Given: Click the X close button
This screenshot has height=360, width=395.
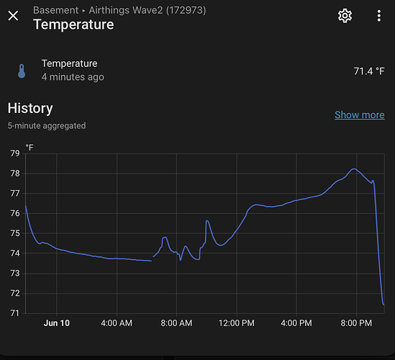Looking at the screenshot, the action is coord(13,16).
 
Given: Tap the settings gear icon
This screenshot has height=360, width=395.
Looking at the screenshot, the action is coord(345,16).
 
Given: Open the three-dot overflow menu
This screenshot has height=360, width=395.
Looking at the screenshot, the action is coord(379,16).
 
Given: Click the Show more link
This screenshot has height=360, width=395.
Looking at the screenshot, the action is coord(360,114).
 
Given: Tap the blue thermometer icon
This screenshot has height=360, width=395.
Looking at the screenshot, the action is coord(22,71).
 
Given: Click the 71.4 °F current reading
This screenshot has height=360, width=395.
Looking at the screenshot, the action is coord(369,71).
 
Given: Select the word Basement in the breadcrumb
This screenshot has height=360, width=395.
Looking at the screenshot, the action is coord(55,10).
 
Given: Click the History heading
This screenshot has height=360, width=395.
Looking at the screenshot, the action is coord(30,109).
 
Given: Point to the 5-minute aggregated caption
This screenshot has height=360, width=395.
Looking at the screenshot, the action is coord(47,125).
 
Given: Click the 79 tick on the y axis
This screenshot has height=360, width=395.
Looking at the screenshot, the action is coord(15,153).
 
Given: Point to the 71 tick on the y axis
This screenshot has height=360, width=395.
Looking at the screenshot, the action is coord(15,313).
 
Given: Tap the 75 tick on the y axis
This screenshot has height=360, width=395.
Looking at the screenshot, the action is coord(15,233).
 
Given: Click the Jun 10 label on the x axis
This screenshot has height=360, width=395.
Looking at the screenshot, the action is coord(57,323).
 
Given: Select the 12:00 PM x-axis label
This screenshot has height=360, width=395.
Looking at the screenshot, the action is coord(237,323).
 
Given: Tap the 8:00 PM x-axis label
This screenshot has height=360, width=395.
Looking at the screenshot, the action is coord(356,323).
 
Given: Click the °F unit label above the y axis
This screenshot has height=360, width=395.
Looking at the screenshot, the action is coord(29,147).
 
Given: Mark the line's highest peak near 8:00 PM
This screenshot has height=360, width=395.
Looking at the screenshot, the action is coord(354,168).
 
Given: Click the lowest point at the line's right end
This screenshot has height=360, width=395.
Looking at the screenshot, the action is coord(383,305).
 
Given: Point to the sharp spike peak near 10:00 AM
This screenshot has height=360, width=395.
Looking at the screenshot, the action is coord(206,220).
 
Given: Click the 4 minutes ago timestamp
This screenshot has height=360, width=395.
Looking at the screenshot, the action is coord(73,77).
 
